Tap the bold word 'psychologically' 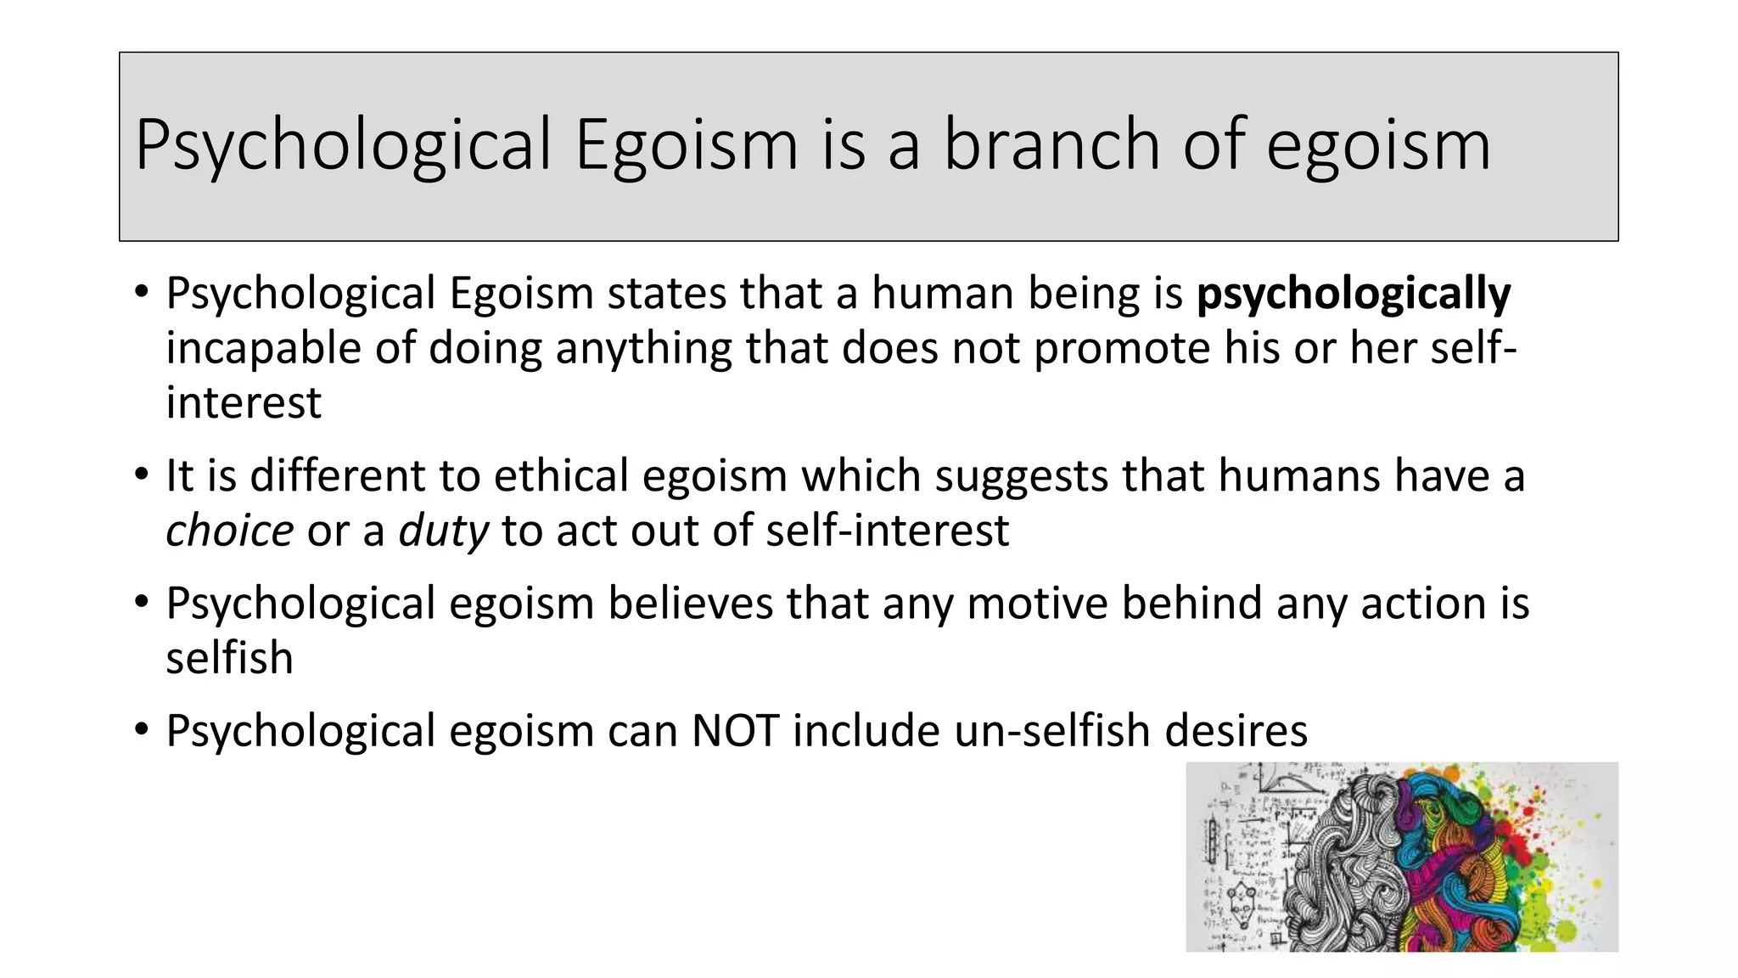pyautogui.click(x=1353, y=294)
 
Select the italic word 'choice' pyautogui.click(x=229, y=531)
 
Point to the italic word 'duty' pyautogui.click(x=443, y=531)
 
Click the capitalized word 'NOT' pyautogui.click(x=735, y=731)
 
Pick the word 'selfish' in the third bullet pyautogui.click(x=229, y=659)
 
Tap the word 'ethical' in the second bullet pyautogui.click(x=561, y=475)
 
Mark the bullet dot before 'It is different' pyautogui.click(x=141, y=475)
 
